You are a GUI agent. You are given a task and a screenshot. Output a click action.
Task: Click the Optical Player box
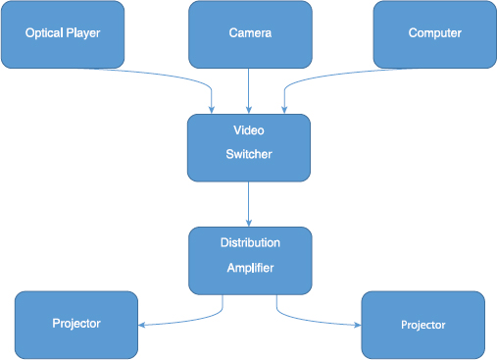pos(63,34)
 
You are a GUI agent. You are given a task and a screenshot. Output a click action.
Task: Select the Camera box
pos(249,34)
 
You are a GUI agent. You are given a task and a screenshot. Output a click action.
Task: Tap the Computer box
pos(434,34)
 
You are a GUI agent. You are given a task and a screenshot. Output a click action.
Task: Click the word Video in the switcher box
pos(248,130)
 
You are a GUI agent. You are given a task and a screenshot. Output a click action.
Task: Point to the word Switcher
pos(248,154)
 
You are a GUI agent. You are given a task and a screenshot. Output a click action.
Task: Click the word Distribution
pos(249,242)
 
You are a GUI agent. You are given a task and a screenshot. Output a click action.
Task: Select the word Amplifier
pos(249,267)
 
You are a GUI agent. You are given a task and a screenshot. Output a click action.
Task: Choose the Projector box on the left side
pos(75,324)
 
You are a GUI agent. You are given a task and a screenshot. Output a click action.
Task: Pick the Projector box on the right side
pos(422,325)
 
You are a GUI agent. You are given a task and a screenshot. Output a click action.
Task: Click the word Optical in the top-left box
pos(44,34)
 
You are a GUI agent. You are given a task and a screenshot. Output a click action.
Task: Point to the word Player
pos(82,34)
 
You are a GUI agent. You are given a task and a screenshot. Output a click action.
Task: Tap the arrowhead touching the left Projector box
pos(142,325)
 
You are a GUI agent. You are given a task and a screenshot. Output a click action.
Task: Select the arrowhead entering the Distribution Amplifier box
pos(249,223)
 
